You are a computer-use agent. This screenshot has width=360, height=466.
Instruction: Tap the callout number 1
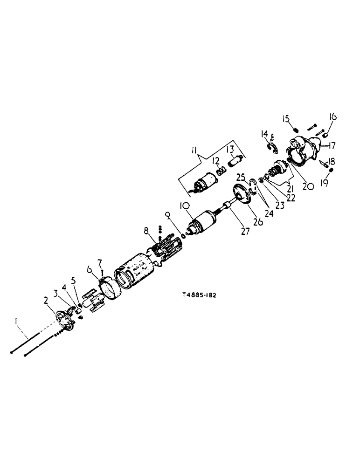click(x=17, y=322)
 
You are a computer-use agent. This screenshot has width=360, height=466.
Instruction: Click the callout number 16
click(x=334, y=116)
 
